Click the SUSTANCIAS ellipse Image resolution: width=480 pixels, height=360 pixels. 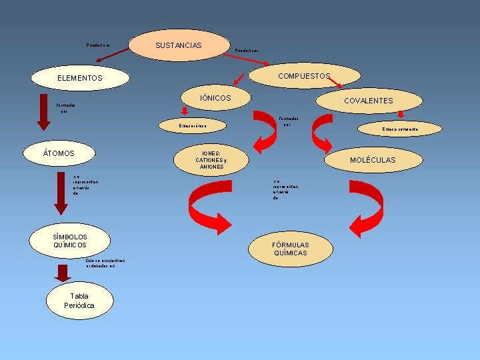click(178, 45)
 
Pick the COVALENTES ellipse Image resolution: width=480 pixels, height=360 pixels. click(368, 101)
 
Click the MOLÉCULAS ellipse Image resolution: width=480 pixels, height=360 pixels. click(373, 160)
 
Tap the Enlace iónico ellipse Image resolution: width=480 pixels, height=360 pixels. click(193, 125)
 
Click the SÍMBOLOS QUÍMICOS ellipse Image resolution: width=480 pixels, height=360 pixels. click(69, 241)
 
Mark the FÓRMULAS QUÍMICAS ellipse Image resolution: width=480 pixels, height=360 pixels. click(290, 249)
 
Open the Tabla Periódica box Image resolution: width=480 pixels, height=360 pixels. click(79, 301)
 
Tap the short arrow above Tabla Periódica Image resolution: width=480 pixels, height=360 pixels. click(63, 273)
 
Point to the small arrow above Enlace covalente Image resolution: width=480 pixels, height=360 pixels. click(401, 115)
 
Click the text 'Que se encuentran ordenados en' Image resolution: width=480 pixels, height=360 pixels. click(101, 263)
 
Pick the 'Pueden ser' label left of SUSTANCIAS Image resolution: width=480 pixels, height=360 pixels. click(97, 45)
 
